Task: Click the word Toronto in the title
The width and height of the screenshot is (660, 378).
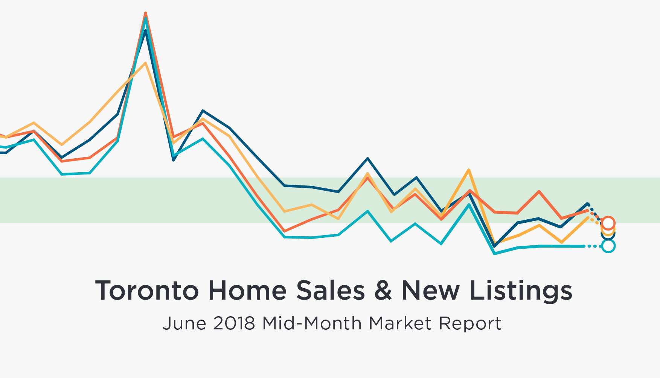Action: tap(147, 291)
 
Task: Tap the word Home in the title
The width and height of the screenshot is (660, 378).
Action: tap(247, 291)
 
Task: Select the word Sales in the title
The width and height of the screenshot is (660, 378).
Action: tap(330, 291)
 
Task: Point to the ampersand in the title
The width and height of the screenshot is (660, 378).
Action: tap(383, 291)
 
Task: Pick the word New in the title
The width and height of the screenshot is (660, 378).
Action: tap(430, 291)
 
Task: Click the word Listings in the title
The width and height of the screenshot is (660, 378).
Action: tap(521, 291)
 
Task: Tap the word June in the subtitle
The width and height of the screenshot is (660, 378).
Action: tap(184, 323)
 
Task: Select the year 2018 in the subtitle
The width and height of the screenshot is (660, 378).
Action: tap(234, 323)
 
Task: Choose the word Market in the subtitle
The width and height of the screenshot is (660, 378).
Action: tap(400, 323)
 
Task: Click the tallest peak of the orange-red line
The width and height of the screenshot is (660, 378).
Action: tap(145, 13)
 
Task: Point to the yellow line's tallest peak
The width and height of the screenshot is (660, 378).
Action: tap(145, 63)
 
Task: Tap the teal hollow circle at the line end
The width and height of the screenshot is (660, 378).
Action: tap(608, 246)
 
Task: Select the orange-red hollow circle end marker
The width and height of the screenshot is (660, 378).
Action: tap(608, 223)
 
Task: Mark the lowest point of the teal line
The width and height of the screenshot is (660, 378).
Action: tap(494, 254)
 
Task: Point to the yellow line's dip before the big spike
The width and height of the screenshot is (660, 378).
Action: tap(62, 145)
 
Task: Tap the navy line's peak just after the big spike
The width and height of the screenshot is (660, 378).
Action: tap(203, 111)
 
